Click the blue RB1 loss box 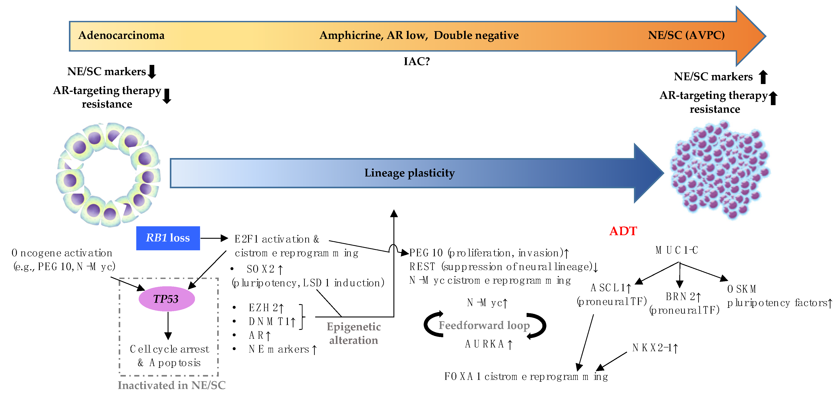click(x=168, y=238)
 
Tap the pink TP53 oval click(x=166, y=299)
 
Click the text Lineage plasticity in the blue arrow click(x=409, y=173)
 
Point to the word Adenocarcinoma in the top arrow click(x=121, y=35)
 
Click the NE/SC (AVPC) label click(x=686, y=35)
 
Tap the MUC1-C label click(x=677, y=250)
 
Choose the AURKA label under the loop click(x=488, y=344)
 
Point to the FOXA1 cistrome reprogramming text click(x=526, y=377)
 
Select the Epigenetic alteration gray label click(x=354, y=333)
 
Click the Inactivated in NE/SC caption click(x=171, y=385)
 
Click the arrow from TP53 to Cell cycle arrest click(x=168, y=325)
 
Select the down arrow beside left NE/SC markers click(x=152, y=72)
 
